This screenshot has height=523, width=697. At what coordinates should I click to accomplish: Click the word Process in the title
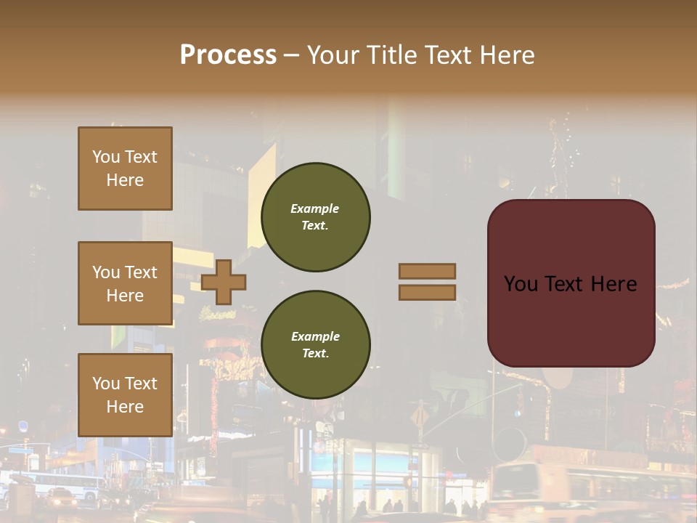click(x=228, y=55)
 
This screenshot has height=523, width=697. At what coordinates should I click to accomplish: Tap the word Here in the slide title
click(x=504, y=55)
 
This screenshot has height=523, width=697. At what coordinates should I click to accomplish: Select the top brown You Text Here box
click(x=125, y=169)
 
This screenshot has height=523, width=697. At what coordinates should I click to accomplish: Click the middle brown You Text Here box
click(x=125, y=283)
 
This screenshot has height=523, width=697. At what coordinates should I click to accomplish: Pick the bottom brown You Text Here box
click(x=125, y=395)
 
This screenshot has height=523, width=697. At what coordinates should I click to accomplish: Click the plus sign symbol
click(x=224, y=282)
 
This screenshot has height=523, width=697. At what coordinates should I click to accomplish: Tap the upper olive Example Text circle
click(x=315, y=217)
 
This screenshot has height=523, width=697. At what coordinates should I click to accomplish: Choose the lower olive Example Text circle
click(x=315, y=345)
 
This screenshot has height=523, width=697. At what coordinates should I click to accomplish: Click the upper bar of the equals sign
click(x=427, y=271)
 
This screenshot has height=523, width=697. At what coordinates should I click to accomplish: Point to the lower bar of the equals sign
click(x=427, y=292)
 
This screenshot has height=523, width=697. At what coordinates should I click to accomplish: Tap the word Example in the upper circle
click(x=315, y=209)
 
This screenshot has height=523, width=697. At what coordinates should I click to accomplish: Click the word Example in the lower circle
click(x=315, y=337)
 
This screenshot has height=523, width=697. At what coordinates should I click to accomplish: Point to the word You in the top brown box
click(x=105, y=157)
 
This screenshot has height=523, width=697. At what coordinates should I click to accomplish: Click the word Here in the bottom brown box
click(x=125, y=407)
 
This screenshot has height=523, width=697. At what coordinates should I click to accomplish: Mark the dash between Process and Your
click(x=291, y=55)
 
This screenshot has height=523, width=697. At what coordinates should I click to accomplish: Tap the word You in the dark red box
click(x=520, y=284)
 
